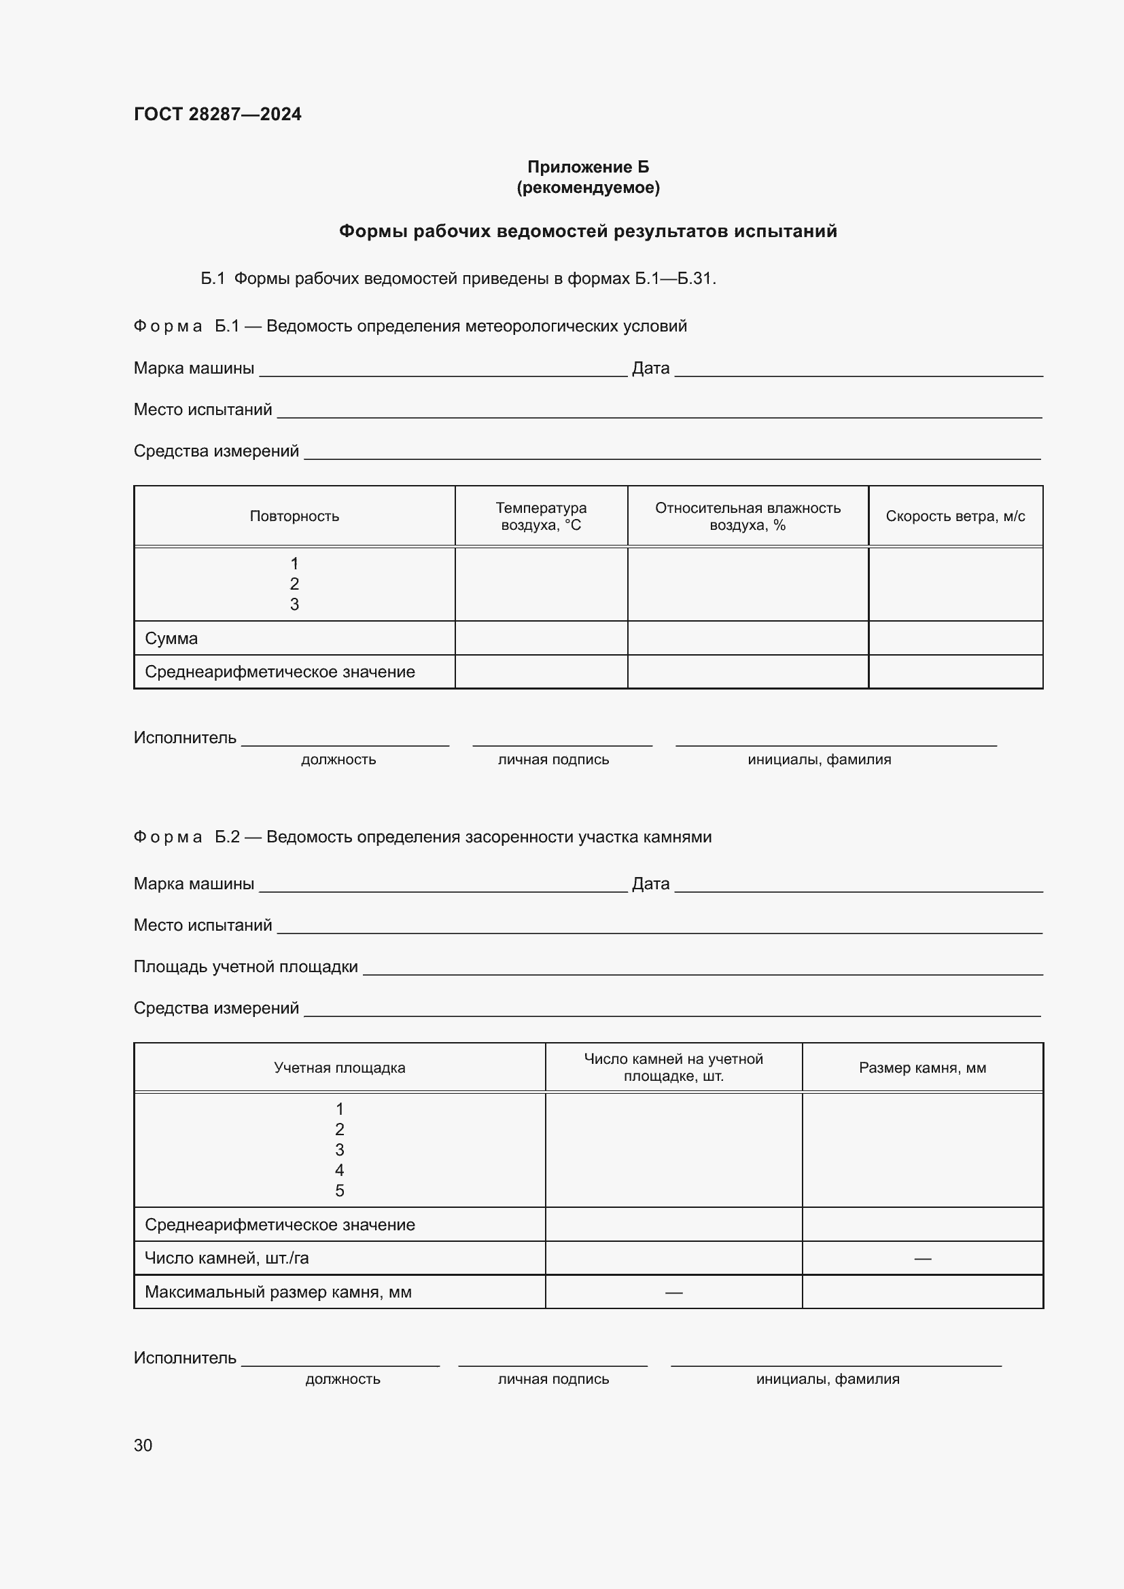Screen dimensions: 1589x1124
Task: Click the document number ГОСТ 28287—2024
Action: click(217, 114)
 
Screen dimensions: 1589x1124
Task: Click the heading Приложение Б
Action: click(588, 167)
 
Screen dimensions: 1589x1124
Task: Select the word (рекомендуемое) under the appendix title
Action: click(588, 188)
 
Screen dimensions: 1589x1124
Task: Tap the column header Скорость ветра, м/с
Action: click(954, 516)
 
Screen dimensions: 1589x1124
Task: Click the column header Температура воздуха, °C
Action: click(540, 516)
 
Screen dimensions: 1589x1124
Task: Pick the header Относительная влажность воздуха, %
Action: click(748, 516)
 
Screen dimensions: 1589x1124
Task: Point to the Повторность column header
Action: click(294, 516)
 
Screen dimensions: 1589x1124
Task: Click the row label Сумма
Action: click(171, 638)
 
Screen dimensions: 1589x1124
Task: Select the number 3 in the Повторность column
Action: click(294, 604)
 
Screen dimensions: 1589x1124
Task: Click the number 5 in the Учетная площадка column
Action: click(339, 1190)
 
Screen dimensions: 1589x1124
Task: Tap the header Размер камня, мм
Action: click(922, 1068)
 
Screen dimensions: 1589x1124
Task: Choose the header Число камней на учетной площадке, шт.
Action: click(673, 1067)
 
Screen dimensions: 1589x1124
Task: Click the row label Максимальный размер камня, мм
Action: click(277, 1292)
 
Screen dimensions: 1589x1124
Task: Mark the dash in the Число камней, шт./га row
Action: click(922, 1258)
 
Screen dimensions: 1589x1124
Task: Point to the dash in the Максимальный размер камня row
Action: click(673, 1292)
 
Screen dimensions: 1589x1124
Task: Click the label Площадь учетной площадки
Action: click(245, 967)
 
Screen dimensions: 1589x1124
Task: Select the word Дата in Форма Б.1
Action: click(650, 368)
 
